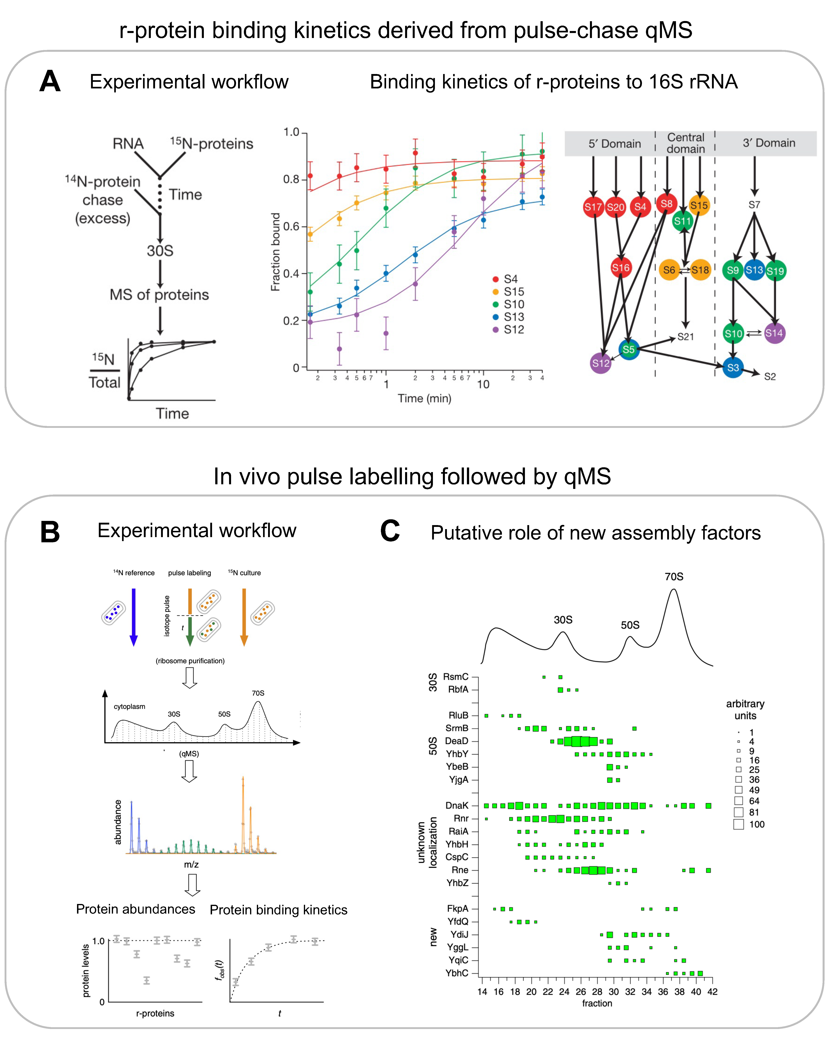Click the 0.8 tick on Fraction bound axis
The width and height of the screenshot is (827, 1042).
(291, 179)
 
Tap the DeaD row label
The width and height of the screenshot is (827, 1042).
(456, 741)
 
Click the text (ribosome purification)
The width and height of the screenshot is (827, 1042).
(190, 661)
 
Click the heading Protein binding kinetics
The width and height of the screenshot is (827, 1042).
(278, 910)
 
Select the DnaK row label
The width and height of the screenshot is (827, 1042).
(456, 805)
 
